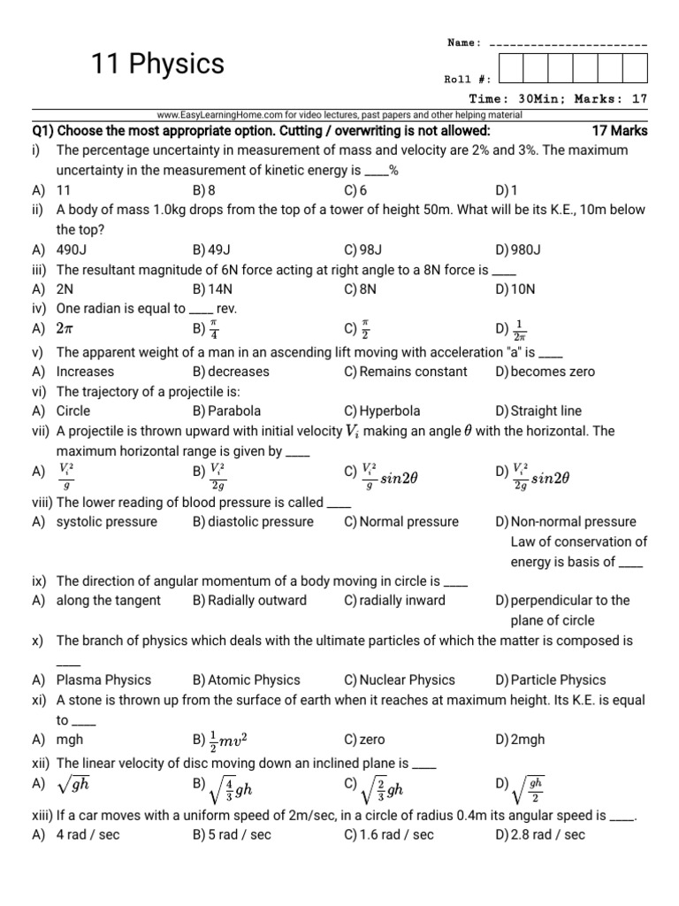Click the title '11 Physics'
(158, 64)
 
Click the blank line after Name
(567, 43)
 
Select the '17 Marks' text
(619, 131)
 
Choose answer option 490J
(72, 250)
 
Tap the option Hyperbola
(390, 411)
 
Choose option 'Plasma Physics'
(103, 679)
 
